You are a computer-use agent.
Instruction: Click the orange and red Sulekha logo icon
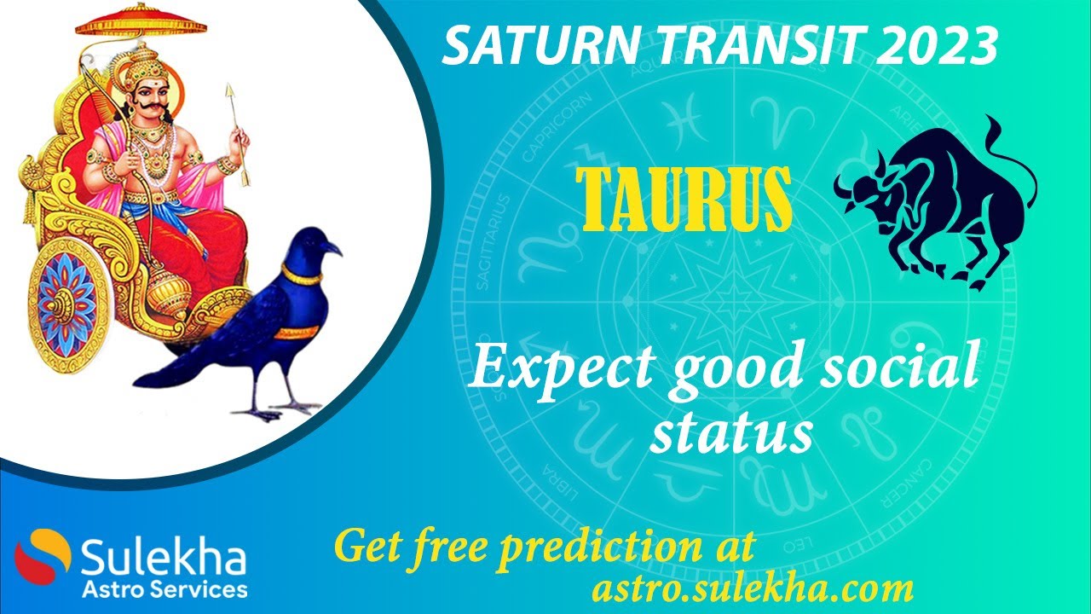click(x=43, y=559)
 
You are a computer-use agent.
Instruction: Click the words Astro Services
click(x=165, y=589)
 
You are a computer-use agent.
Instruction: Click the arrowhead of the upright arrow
click(x=230, y=93)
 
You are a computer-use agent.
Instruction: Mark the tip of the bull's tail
click(x=990, y=124)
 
